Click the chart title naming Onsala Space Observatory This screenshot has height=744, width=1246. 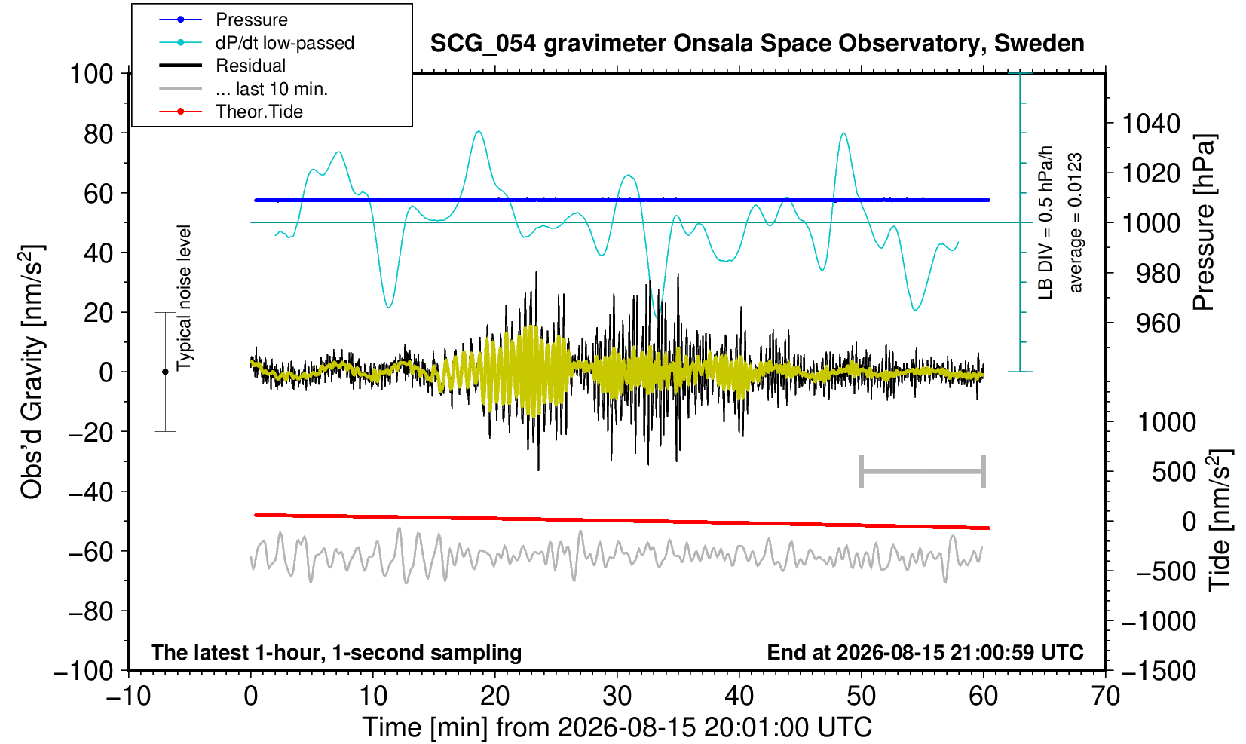(757, 44)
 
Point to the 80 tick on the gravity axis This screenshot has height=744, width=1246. (99, 133)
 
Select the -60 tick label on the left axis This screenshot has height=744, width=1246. (90, 552)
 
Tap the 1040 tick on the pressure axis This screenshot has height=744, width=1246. (1150, 124)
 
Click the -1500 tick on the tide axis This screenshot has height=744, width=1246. (1158, 671)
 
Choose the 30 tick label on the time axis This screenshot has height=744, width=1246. (617, 697)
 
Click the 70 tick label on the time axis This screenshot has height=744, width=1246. (1105, 697)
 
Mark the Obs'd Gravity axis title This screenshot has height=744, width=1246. (32, 372)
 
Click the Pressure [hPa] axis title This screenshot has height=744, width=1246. (1203, 222)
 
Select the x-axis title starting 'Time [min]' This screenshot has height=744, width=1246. (617, 727)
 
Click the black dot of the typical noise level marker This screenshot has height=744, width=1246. (165, 372)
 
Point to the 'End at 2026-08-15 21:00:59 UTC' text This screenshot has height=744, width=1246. (925, 652)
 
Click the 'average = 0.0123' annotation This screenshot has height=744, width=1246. (1076, 222)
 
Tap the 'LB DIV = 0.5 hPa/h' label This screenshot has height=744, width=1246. (1045, 222)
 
